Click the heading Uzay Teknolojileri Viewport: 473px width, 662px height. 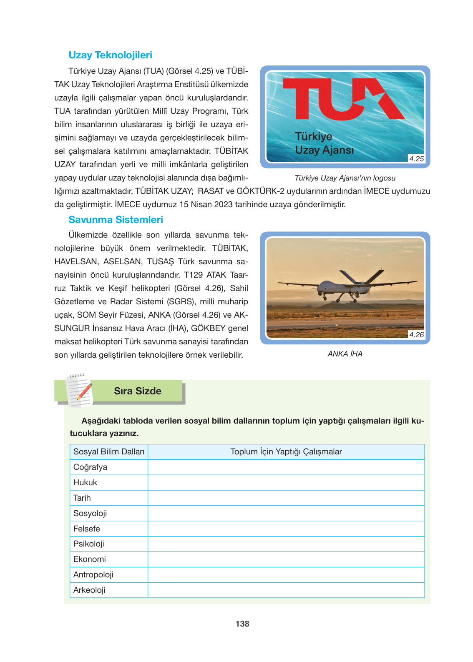110,55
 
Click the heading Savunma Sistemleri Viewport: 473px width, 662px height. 116,220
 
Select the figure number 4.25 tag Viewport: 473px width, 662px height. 416,159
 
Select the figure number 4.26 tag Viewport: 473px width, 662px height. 416,335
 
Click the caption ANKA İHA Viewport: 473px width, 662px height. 345,354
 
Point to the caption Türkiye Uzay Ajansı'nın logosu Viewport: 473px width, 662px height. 345,178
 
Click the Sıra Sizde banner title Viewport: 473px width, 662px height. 138,391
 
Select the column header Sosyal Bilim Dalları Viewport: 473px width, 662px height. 109,452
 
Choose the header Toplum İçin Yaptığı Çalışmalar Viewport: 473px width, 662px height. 286,452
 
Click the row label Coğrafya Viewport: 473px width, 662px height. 91,467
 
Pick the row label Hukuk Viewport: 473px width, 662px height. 85,483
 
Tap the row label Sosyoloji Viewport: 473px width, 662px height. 90,513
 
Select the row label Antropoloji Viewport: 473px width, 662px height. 93,575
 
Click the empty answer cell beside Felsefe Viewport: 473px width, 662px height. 286,529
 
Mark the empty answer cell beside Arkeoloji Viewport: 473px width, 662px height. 286,590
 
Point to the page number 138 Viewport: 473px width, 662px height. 242,624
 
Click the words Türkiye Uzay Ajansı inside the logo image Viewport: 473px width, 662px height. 324,143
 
